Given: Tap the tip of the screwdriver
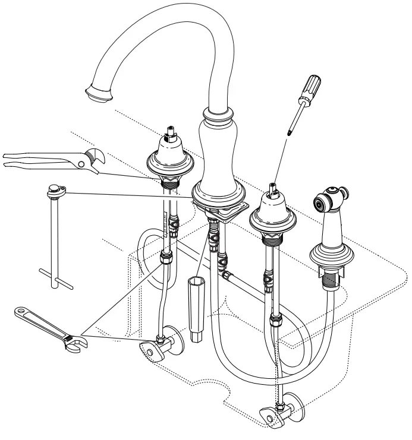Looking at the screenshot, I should (x=289, y=132).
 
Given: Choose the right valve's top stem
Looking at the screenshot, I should (x=272, y=191).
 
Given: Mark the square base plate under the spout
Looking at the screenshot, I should (x=227, y=208).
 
